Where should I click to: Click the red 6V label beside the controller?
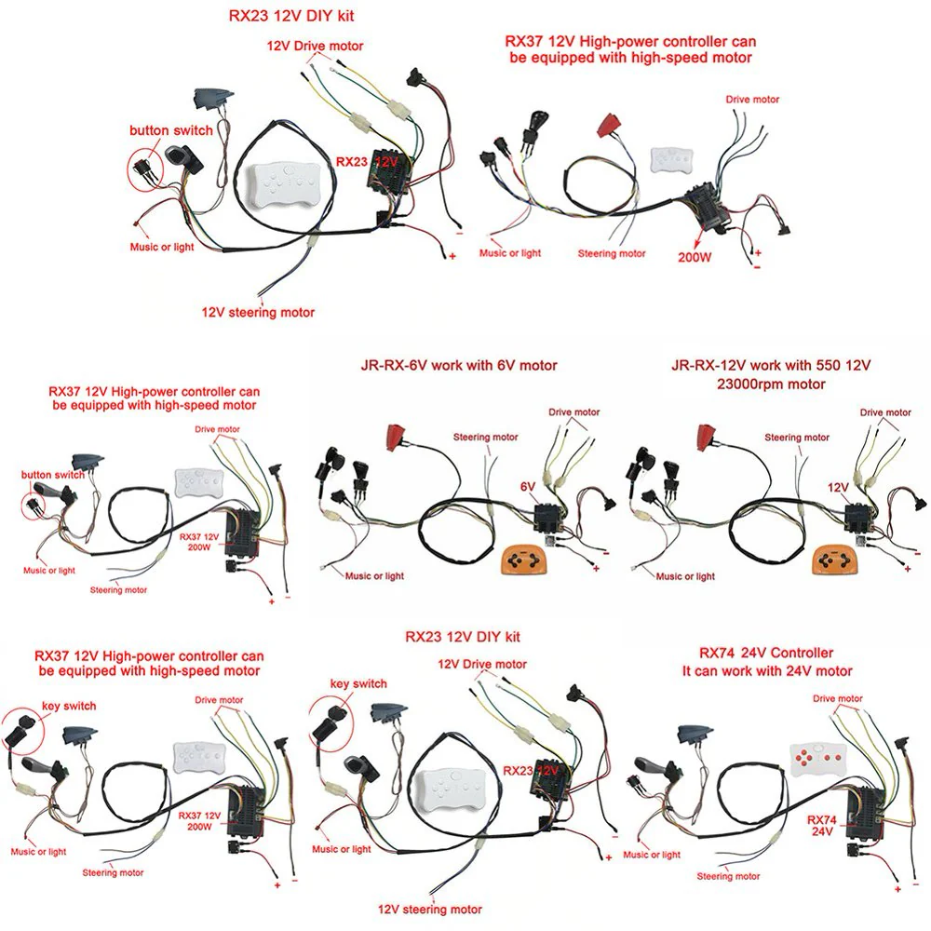click(x=528, y=487)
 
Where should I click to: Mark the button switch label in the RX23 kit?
click(x=171, y=130)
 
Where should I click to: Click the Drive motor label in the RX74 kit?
click(x=837, y=698)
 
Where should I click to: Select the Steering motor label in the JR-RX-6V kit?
click(x=485, y=437)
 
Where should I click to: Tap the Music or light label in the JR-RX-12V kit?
click(x=686, y=576)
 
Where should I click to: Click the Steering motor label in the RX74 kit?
click(x=728, y=876)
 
